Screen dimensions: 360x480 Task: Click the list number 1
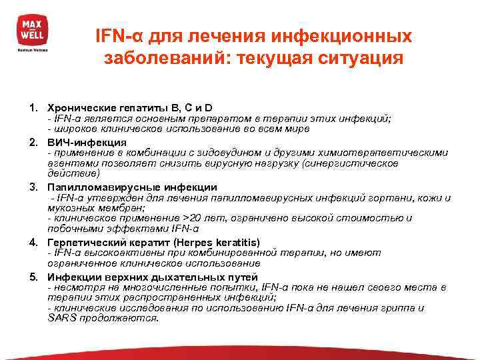[x=31, y=108]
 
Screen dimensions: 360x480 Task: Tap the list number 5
[x=31, y=277]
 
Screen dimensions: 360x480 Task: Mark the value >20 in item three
[x=193, y=218]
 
